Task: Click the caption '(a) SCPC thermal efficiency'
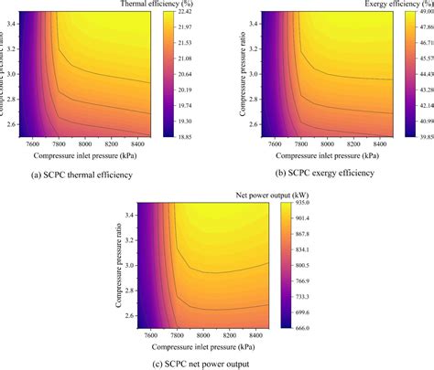[x=81, y=174]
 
